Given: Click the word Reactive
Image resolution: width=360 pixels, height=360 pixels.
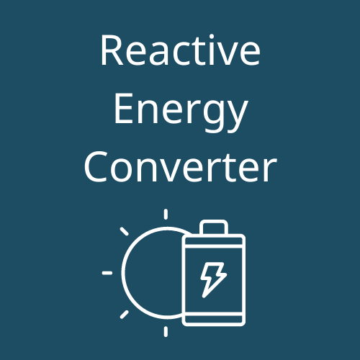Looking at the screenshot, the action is pyautogui.click(x=180, y=50).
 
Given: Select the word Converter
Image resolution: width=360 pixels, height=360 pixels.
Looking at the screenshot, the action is pyautogui.click(x=180, y=167).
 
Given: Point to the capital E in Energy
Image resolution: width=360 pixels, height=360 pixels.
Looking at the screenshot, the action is pyautogui.click(x=124, y=109).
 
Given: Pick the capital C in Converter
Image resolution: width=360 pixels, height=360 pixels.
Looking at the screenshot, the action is pyautogui.click(x=95, y=167).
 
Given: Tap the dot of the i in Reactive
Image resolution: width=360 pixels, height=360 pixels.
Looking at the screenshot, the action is pyautogui.click(x=212, y=37).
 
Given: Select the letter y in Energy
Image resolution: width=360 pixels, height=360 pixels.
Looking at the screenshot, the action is pyautogui.click(x=237, y=117).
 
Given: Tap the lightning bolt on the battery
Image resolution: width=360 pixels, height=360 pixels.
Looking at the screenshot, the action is pyautogui.click(x=213, y=280).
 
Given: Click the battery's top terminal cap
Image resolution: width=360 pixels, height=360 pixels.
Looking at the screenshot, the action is pyautogui.click(x=214, y=227).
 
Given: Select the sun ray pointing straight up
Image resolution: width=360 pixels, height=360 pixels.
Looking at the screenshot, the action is pyautogui.click(x=166, y=214).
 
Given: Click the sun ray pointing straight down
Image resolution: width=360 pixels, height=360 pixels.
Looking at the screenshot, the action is pyautogui.click(x=166, y=332).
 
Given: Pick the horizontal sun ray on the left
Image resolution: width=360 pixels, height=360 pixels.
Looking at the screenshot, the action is pyautogui.click(x=107, y=273).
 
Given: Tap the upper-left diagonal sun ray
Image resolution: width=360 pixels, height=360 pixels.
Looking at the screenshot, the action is pyautogui.click(x=125, y=231).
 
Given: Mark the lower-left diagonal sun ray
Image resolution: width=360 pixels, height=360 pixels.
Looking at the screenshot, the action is pyautogui.click(x=125, y=315).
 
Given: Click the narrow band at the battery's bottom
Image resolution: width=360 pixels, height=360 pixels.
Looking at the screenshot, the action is pyautogui.click(x=214, y=319).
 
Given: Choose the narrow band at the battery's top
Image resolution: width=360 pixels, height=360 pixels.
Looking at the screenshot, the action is pyautogui.click(x=214, y=242).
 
